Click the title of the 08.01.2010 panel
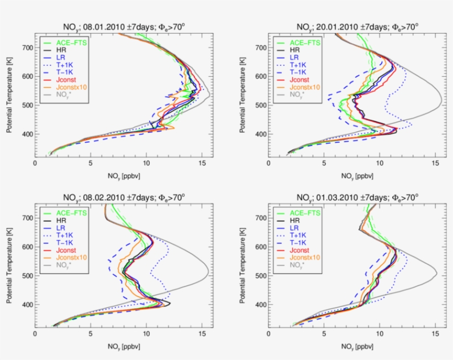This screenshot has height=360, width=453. [121, 26]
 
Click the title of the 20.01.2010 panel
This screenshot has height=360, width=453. [355, 26]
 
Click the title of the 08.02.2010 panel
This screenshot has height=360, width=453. [121, 197]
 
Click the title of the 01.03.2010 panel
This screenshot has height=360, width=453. [355, 197]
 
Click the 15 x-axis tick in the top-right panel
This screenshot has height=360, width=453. [435, 164]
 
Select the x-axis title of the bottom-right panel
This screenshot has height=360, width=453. [355, 347]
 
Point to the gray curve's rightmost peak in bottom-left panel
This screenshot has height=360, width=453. [208, 272]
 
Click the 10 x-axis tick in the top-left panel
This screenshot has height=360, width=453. [146, 164]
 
